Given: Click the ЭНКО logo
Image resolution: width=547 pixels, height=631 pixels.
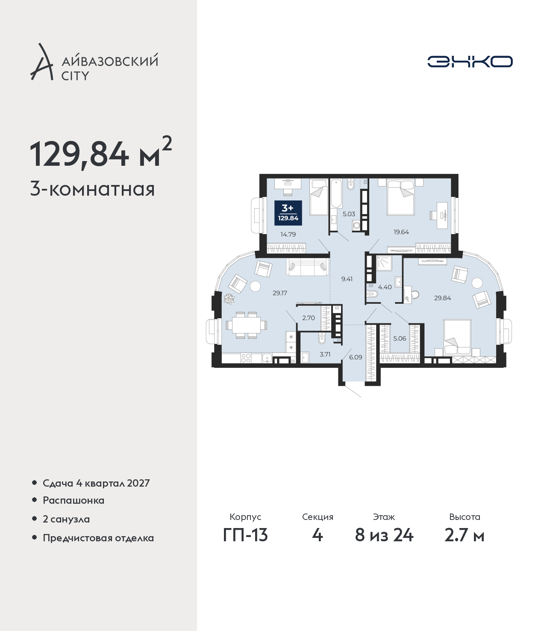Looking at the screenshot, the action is pyautogui.click(x=470, y=62).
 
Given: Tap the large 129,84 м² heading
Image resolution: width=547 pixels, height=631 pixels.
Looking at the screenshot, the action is pyautogui.click(x=101, y=153).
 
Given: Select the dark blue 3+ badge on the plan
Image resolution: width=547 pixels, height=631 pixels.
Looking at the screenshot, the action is pyautogui.click(x=288, y=213).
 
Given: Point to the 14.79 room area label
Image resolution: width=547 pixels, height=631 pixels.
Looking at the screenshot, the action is pyautogui.click(x=288, y=235).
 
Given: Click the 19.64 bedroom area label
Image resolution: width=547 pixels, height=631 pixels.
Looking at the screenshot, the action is pyautogui.click(x=401, y=232).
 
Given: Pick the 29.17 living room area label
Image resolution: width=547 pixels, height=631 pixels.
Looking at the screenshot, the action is pyautogui.click(x=280, y=293).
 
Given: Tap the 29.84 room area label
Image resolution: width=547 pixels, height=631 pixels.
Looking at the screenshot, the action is pyautogui.click(x=443, y=298).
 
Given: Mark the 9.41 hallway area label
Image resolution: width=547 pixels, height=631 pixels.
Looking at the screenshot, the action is pyautogui.click(x=347, y=279).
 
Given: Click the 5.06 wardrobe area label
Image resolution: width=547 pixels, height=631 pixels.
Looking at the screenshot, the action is pyautogui.click(x=400, y=338).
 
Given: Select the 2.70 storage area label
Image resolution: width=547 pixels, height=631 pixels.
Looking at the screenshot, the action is pyautogui.click(x=309, y=318).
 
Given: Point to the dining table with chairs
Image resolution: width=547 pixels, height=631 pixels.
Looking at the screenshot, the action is pyautogui.click(x=246, y=325).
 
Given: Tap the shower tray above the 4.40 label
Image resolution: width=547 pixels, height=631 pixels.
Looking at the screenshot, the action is pyautogui.click(x=384, y=263).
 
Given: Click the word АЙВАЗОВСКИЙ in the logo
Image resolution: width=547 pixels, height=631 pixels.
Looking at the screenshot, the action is pyautogui.click(x=110, y=61).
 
